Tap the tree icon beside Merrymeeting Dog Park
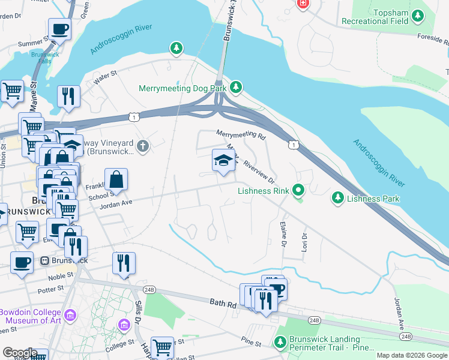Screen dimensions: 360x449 (237, 88)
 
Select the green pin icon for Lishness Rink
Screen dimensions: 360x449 (298, 191)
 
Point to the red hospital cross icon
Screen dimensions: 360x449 (303, 4)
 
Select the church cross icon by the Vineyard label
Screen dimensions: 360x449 (142, 145)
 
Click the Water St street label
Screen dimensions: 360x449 (104, 76)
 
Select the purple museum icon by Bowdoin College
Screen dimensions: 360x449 (71, 315)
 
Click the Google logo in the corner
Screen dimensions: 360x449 (20, 352)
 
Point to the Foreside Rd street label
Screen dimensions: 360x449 (433, 41)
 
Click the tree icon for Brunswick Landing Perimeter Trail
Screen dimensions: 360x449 (279, 343)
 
